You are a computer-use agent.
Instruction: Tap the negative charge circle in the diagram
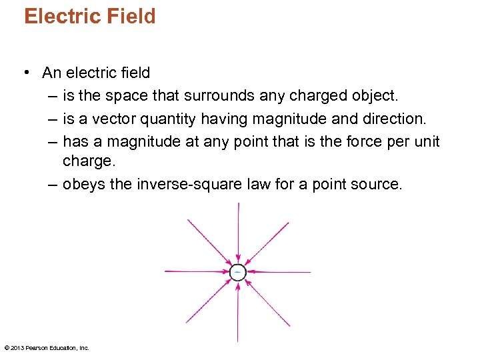point(237,271)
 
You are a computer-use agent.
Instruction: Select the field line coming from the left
point(193,271)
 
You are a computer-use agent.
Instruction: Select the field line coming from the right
point(283,271)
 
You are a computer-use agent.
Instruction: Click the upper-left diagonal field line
point(209,240)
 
